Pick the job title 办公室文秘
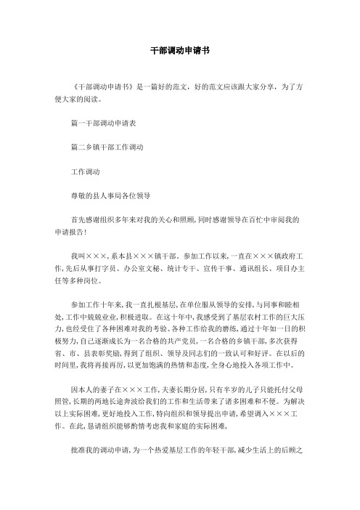point(152,264)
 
